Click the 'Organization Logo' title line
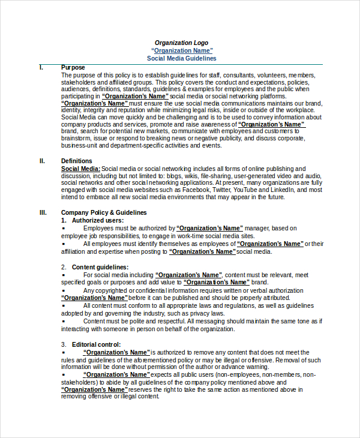tap(181, 43)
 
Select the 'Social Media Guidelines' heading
tap(181, 58)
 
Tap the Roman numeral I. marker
tap(41, 67)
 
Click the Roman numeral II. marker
tap(42, 161)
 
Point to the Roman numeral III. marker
tap(43, 212)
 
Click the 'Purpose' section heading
tap(73, 67)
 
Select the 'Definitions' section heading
tap(77, 161)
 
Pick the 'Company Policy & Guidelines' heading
tap(104, 212)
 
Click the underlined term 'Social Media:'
tap(81, 169)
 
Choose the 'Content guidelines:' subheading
tap(100, 266)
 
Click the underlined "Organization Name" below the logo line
tap(181, 50)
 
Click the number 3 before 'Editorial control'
tap(63, 344)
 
